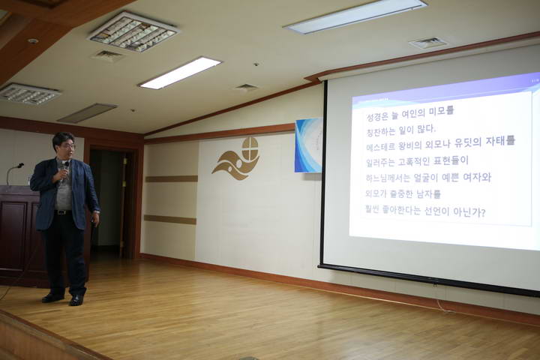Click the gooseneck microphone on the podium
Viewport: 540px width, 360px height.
[13, 169]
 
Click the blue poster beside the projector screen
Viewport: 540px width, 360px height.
[307, 145]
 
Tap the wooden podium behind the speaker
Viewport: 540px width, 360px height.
[18, 232]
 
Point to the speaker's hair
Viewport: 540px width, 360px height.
[63, 136]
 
